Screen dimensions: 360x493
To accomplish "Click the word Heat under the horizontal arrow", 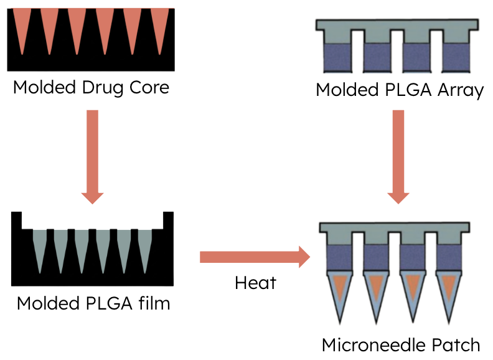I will tap(255, 283).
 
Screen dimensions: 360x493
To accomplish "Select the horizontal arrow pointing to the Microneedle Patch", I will tap(255, 257).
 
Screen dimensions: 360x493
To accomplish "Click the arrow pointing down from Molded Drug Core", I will tap(92, 156).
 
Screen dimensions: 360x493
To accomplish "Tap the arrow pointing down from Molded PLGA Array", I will tap(399, 156).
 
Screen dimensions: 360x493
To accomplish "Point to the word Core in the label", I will tap(150, 87).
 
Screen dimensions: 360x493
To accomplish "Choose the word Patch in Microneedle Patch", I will tap(458, 345).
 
